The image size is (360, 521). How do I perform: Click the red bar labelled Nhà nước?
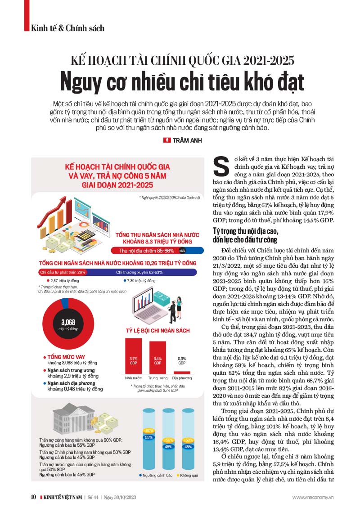pyautogui.click(x=133, y=355)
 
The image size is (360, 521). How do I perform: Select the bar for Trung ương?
pyautogui.click(x=157, y=357)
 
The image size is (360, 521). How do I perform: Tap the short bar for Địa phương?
pyautogui.click(x=182, y=373)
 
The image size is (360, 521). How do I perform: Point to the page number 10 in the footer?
pyautogui.click(x=34, y=497)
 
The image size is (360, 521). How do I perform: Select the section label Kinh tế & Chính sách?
pyautogui.click(x=67, y=28)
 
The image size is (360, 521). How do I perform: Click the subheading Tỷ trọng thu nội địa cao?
pyautogui.click(x=246, y=231)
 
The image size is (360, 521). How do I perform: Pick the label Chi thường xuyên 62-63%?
pyautogui.click(x=139, y=272)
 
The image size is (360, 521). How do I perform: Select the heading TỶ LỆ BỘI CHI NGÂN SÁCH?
pyautogui.click(x=157, y=331)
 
